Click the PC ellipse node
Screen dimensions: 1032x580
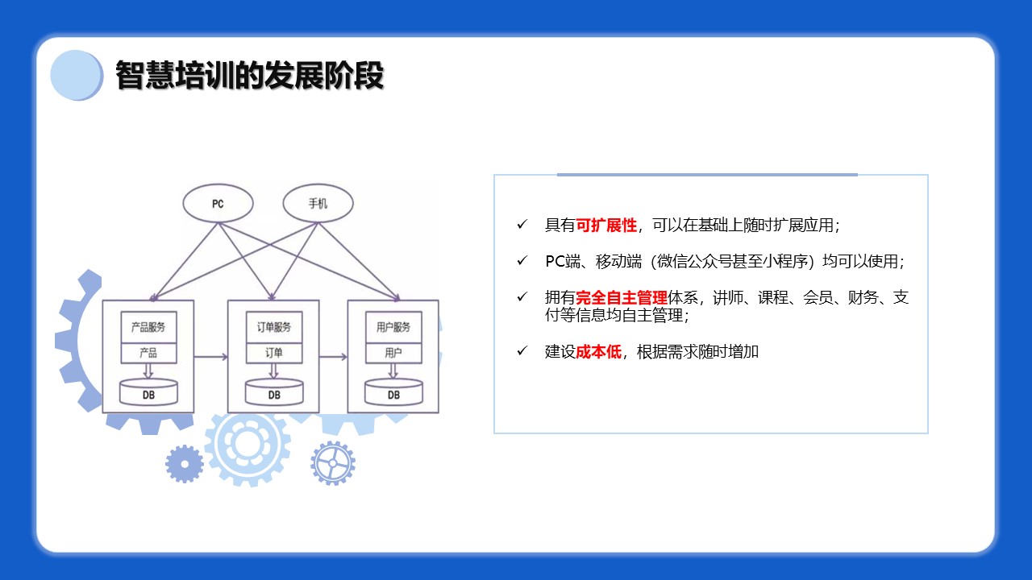218,204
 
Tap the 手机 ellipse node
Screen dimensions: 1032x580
318,204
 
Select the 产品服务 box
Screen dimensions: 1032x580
148,327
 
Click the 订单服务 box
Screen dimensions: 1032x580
274,327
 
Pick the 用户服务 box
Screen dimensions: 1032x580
393,327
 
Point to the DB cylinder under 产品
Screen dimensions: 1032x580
148,392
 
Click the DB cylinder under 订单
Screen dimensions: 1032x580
274,392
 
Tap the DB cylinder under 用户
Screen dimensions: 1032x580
393,392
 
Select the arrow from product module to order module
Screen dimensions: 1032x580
211,357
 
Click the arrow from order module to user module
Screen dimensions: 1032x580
333,357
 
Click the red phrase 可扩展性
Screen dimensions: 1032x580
606,225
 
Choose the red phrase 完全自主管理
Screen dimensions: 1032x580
622,298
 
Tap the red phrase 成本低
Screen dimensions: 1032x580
599,352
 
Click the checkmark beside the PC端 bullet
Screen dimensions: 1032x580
522,261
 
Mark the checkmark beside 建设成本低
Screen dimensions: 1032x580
522,351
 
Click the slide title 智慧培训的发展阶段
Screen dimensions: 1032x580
250,75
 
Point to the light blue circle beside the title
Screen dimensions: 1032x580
77,75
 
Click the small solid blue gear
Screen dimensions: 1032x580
185,464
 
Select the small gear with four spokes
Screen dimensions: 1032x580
333,463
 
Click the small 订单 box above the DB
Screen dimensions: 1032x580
274,353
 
